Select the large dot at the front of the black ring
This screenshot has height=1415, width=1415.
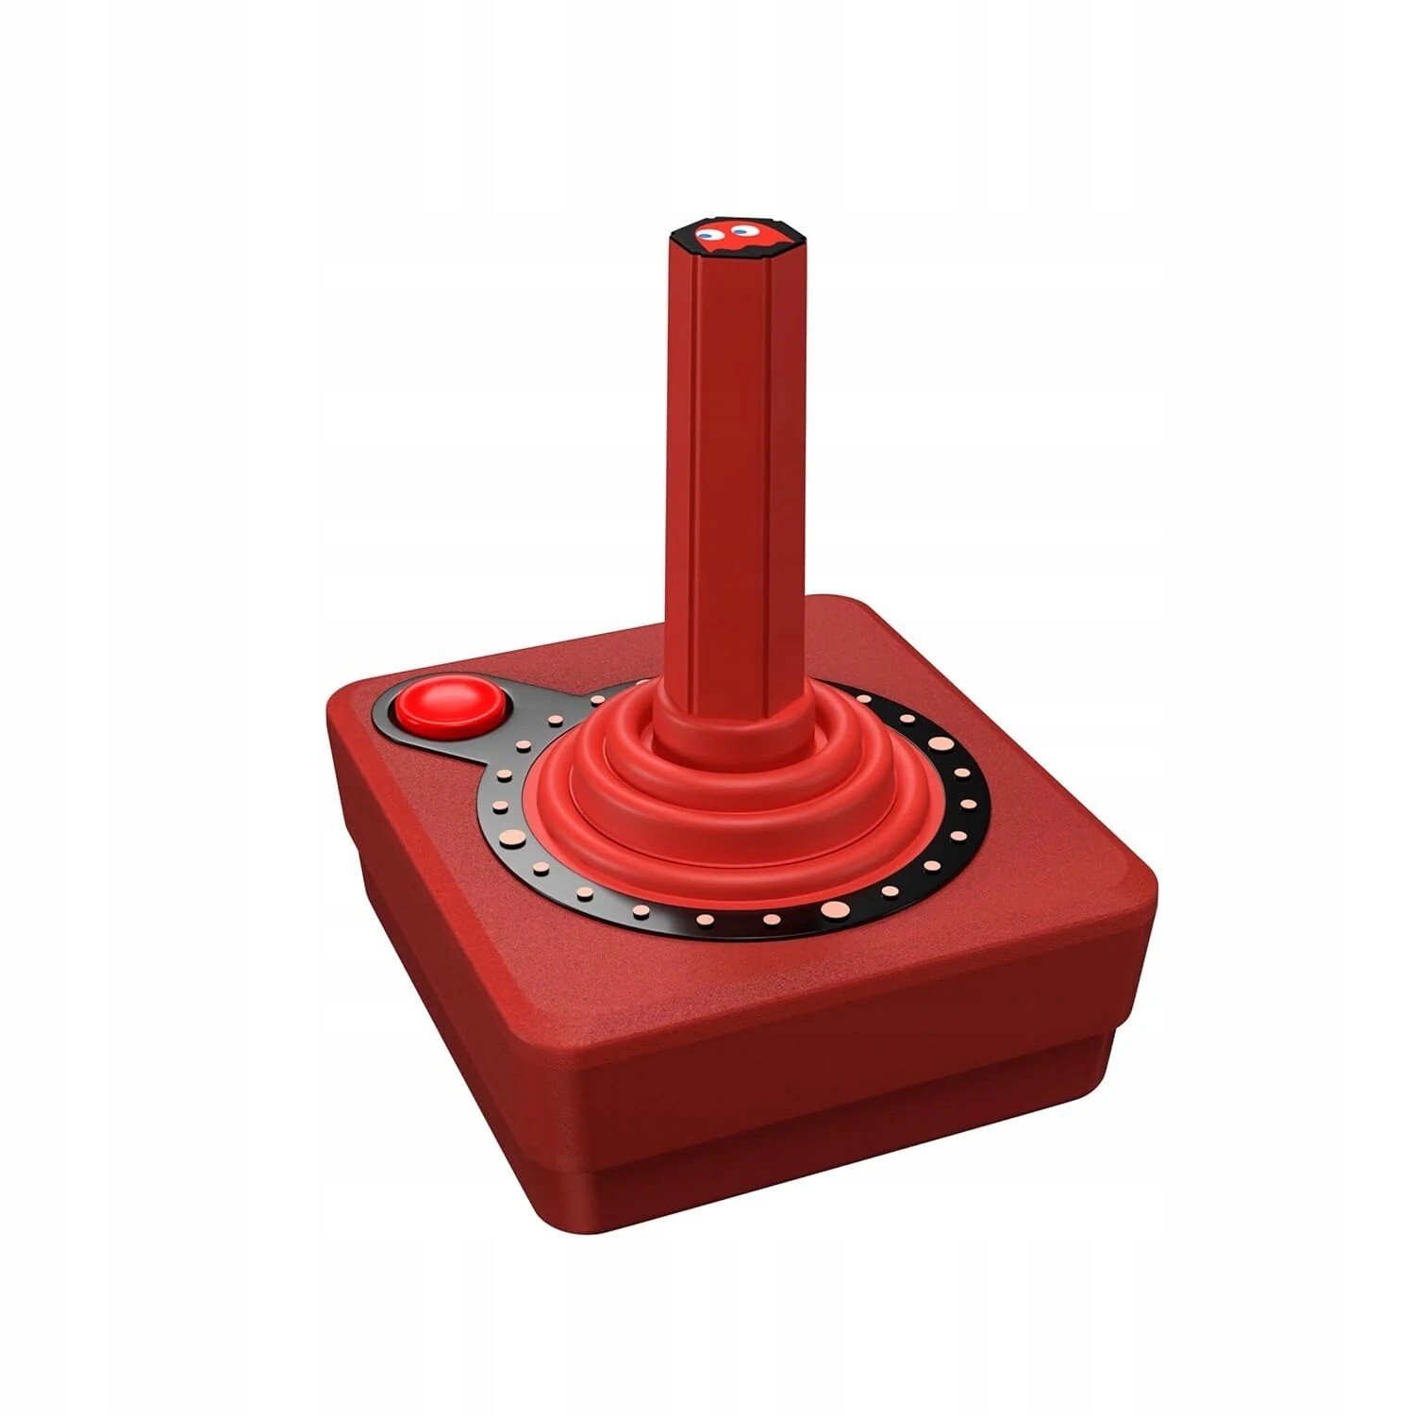tap(834, 909)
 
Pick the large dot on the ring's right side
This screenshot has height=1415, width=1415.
tap(940, 743)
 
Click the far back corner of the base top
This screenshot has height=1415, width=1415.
tap(830, 604)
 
